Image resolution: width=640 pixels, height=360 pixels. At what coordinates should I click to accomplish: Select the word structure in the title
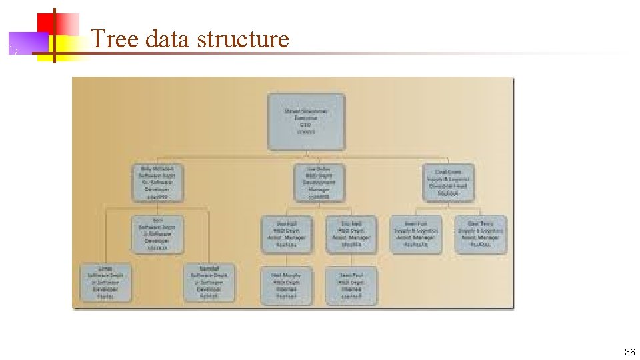244,39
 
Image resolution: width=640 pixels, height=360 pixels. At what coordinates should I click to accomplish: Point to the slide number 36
629,352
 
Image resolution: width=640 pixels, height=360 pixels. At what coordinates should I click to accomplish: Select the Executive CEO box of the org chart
307,121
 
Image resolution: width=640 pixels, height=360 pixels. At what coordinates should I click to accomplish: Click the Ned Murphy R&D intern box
287,285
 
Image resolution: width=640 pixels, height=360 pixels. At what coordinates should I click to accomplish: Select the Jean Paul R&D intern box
352,285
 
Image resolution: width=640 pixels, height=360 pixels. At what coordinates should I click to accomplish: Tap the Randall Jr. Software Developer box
209,282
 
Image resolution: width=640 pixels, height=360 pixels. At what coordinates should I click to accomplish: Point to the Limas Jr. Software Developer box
105,282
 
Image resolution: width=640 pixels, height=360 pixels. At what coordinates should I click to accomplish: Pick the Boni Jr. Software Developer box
157,234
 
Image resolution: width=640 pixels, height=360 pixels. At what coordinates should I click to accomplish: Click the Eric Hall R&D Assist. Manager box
352,234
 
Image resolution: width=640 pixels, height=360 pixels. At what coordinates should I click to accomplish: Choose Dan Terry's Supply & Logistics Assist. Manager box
481,234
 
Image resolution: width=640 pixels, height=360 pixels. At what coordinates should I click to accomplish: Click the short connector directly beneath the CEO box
307,154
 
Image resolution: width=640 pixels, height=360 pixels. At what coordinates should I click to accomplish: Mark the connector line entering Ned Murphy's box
287,261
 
